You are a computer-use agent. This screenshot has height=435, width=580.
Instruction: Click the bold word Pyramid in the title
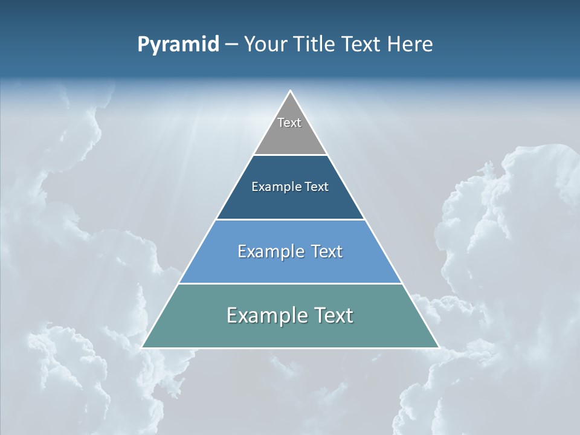tap(178, 45)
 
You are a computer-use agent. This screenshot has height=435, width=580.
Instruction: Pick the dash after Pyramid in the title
tap(231, 45)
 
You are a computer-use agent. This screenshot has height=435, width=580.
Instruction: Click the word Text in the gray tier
tap(289, 123)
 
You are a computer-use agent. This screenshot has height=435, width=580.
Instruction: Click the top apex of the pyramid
tap(290, 91)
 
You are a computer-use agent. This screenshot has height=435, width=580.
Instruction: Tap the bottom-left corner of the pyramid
tap(143, 347)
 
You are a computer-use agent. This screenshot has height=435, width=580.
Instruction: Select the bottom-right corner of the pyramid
tap(438, 347)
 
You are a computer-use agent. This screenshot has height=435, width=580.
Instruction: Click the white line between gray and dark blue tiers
tap(290, 155)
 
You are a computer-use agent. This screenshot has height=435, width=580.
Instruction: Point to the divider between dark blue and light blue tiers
tap(290, 219)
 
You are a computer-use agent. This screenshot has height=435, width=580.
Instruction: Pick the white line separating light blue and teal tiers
tap(290, 283)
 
